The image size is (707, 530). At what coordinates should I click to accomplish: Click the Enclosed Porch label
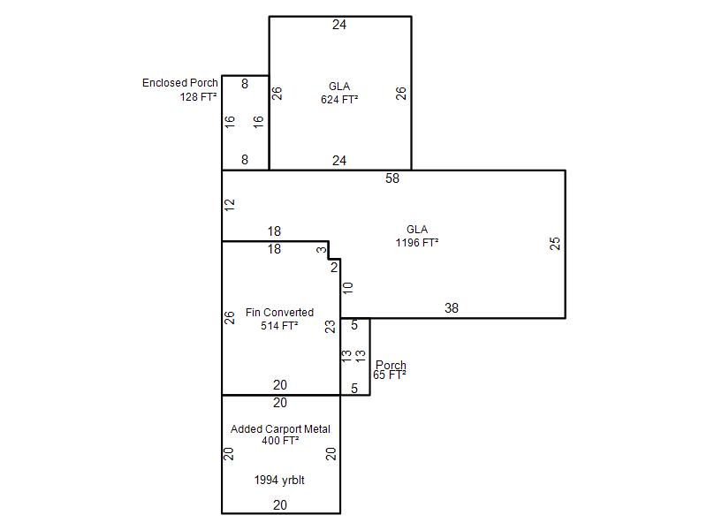(x=180, y=83)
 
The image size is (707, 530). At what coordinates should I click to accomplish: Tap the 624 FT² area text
(x=339, y=99)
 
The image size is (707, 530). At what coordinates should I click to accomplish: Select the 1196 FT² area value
(x=417, y=242)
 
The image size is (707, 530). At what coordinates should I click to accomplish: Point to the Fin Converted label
(x=279, y=313)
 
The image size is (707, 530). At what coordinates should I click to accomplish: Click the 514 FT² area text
(x=279, y=325)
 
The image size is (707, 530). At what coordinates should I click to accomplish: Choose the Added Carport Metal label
(x=280, y=429)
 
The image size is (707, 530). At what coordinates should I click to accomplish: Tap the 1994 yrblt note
(x=279, y=480)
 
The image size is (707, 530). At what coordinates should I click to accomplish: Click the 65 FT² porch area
(x=390, y=375)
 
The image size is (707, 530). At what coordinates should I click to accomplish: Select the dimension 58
(x=392, y=178)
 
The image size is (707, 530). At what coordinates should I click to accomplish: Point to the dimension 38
(x=452, y=307)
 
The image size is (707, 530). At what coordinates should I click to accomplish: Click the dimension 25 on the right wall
(x=555, y=244)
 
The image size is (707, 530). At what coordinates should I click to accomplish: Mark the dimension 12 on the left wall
(x=230, y=205)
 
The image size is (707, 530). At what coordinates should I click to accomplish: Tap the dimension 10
(x=347, y=288)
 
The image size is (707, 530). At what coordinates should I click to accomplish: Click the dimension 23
(x=331, y=326)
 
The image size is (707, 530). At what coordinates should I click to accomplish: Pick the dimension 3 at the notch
(x=321, y=250)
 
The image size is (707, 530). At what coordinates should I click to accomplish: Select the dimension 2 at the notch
(x=334, y=268)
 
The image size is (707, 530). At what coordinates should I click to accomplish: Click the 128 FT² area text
(x=198, y=96)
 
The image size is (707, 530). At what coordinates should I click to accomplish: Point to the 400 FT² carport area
(x=280, y=440)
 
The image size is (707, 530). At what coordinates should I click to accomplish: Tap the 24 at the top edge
(x=339, y=25)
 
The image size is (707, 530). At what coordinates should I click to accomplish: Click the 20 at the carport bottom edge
(x=280, y=505)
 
